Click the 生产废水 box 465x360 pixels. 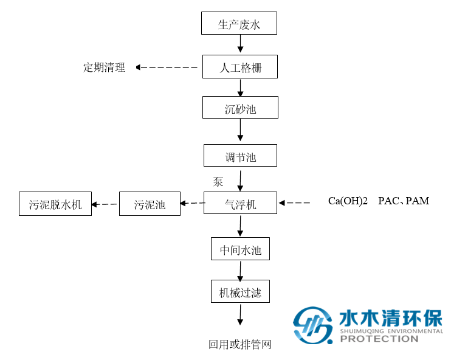click(x=239, y=24)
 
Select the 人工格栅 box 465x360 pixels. click(x=239, y=67)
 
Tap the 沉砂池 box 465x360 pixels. click(x=240, y=108)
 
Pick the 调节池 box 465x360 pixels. click(x=240, y=156)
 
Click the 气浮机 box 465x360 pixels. click(x=240, y=204)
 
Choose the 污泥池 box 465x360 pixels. click(x=150, y=204)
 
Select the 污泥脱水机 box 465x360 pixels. click(x=55, y=204)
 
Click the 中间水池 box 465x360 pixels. click(x=240, y=249)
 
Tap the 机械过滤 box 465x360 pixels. click(x=240, y=292)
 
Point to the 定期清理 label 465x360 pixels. click(x=104, y=67)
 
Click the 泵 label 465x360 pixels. click(x=218, y=181)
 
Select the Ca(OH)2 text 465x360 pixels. click(x=348, y=201)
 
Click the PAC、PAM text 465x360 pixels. click(x=403, y=201)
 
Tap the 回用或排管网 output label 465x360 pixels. click(x=239, y=345)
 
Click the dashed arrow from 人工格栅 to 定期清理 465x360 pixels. click(x=168, y=67)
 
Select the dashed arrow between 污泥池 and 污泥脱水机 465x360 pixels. click(x=105, y=204)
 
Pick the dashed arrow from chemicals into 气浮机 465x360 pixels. click(x=295, y=203)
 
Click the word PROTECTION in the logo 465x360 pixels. click(x=379, y=339)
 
